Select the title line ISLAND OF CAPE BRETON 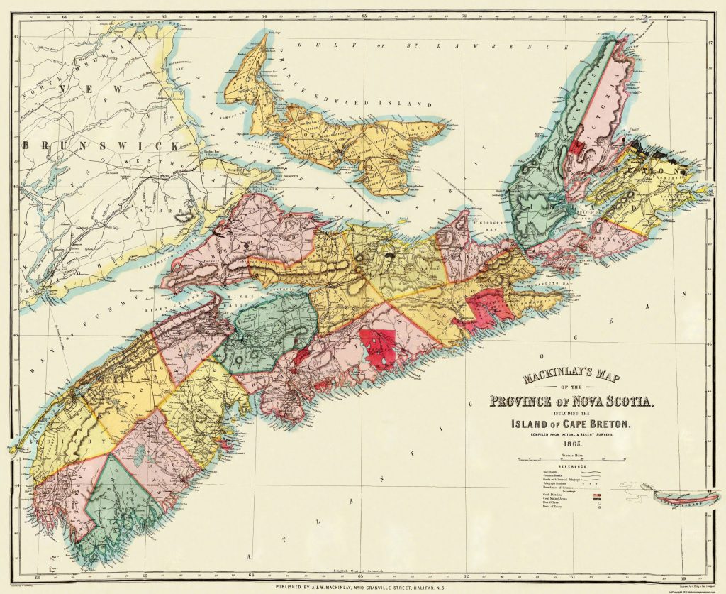tap(575, 424)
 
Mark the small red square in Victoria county tap(579, 146)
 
